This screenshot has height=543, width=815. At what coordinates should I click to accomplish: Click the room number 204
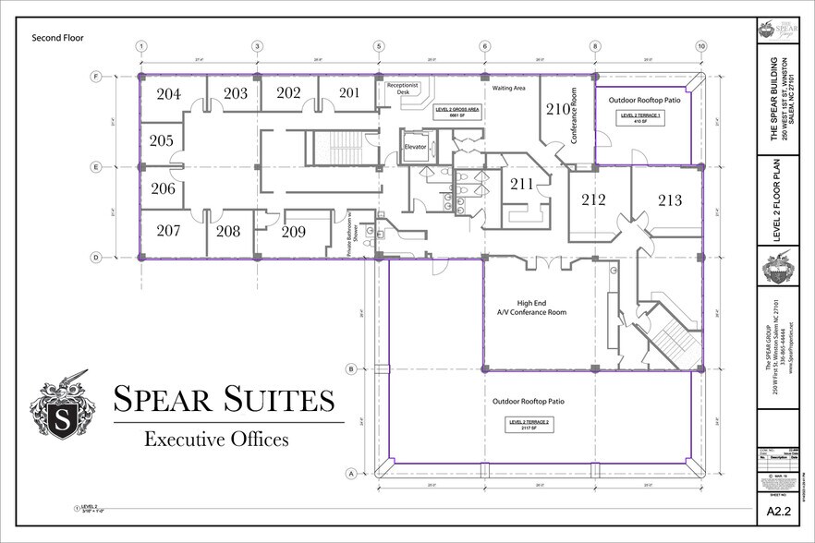coord(168,93)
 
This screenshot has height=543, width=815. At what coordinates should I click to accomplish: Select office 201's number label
coord(348,92)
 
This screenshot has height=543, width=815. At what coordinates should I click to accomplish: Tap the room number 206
coord(163,188)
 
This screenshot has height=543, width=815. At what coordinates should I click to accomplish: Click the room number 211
coord(522,184)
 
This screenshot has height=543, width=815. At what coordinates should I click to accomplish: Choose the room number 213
coord(669,199)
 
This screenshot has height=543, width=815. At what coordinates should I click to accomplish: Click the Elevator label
coord(414,147)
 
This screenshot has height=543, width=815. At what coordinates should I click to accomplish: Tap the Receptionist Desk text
coord(402,88)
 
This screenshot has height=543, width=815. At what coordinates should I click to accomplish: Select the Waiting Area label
coord(508,89)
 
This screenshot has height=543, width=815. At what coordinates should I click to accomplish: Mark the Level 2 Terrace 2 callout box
coord(529,424)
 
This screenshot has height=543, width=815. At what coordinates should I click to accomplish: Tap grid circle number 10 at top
coord(701,45)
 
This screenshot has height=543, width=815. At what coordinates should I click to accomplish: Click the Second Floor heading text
coord(58,38)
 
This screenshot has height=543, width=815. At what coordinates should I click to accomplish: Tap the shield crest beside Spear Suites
coord(63,406)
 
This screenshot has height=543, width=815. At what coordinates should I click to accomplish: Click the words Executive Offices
coord(216,440)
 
